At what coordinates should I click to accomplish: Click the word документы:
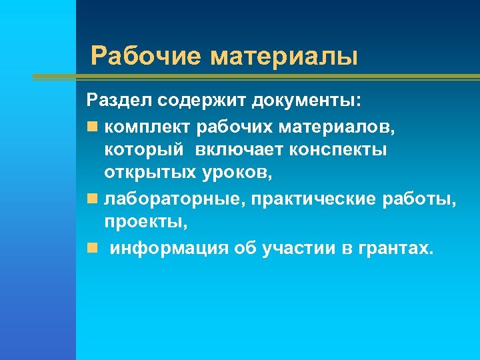[307, 101]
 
